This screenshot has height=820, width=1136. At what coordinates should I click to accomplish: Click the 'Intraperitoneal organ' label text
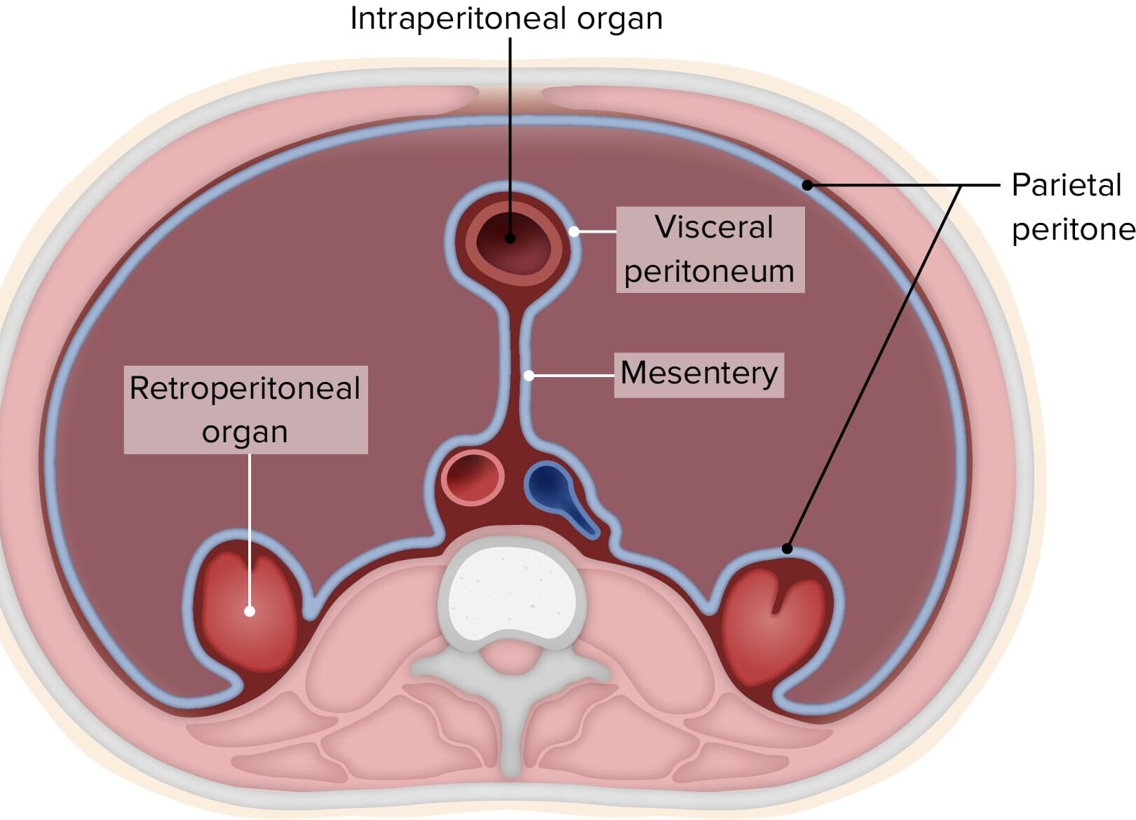[506, 19]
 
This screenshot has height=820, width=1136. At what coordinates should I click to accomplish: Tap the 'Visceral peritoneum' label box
[710, 249]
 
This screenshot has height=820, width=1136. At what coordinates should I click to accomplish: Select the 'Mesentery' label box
[698, 374]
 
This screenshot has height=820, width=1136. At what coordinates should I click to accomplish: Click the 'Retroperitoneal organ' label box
[245, 409]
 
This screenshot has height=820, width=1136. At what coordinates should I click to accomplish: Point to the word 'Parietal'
[1066, 186]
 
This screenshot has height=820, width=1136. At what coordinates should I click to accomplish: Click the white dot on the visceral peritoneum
[574, 231]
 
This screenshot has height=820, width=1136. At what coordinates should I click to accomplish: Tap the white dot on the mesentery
[529, 376]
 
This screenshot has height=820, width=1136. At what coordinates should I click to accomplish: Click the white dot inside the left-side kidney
[249, 611]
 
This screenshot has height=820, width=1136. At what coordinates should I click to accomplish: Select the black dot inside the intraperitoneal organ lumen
[510, 238]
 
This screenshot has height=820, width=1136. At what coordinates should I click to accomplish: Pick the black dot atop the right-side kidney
[787, 548]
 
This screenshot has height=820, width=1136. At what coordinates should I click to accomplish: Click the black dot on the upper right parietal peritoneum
[807, 185]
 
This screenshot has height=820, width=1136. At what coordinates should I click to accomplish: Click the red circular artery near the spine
[473, 477]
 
